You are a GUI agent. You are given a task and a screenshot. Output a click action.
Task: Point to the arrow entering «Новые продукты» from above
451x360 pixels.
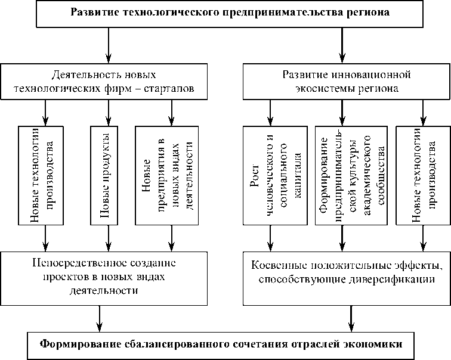point(108,113)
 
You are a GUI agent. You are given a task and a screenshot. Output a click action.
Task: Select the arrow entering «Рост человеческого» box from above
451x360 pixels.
point(270,113)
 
